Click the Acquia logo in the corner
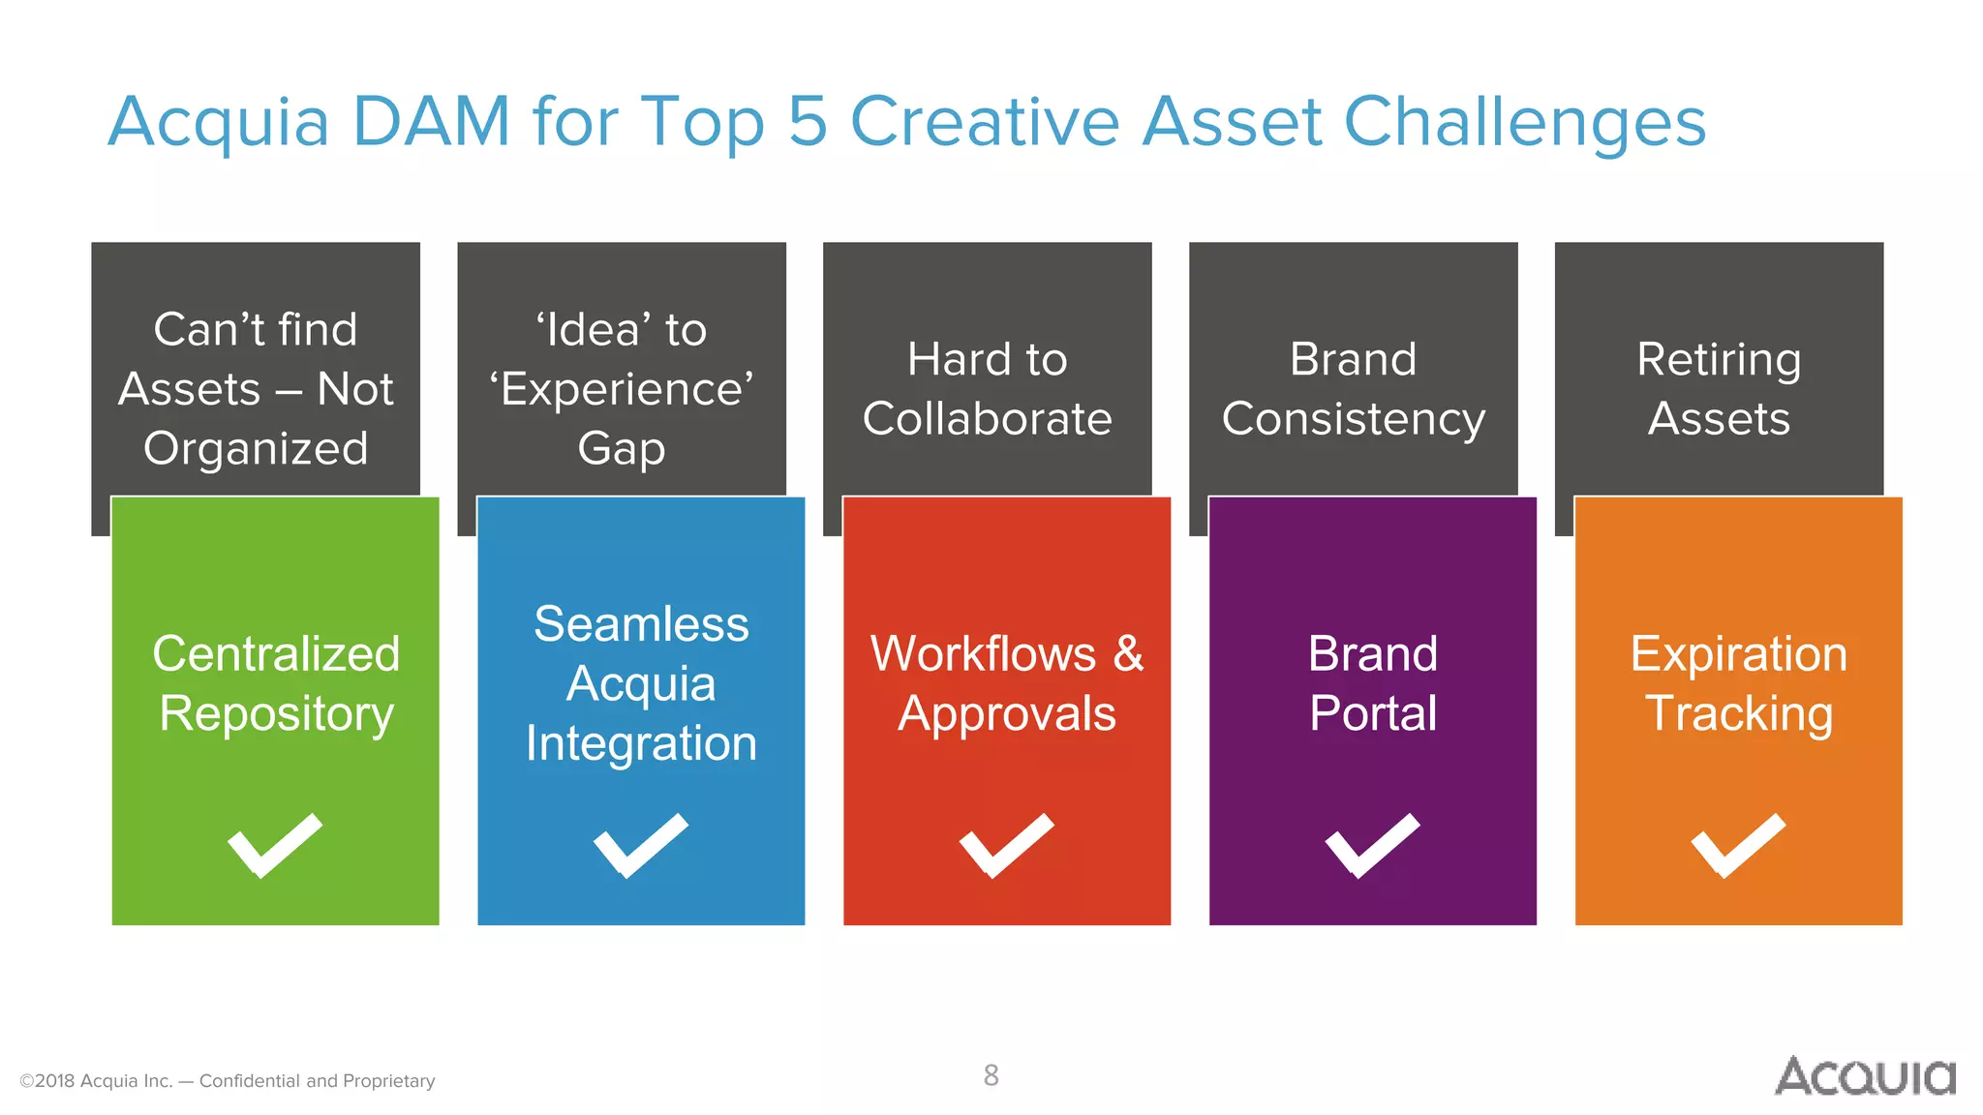(x=1865, y=1076)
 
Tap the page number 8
(x=991, y=1075)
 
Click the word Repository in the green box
(x=276, y=714)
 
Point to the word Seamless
(x=641, y=624)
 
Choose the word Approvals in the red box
(x=1006, y=714)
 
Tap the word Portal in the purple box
(x=1372, y=714)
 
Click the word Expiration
(x=1738, y=655)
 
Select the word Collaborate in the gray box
(x=987, y=419)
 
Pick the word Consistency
(x=1353, y=420)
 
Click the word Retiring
(x=1719, y=360)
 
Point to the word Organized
(x=256, y=449)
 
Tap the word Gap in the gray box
(x=621, y=449)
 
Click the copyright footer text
(x=228, y=1081)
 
